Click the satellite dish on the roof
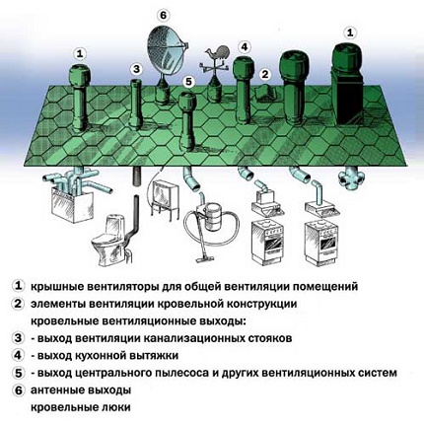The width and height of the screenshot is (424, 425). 166,51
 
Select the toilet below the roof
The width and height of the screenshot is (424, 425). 107,238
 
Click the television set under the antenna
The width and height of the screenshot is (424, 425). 165,198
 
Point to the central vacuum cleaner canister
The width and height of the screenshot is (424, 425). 212,218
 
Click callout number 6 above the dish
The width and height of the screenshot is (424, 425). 164,16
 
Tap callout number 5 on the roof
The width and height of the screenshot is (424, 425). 188,82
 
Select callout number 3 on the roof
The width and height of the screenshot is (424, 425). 136,69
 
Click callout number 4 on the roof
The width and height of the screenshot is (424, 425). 244,47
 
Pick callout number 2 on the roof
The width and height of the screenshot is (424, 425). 265,74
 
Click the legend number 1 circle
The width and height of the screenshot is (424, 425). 18,286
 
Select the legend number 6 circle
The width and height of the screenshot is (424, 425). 18,390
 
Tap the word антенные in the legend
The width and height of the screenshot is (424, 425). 55,390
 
